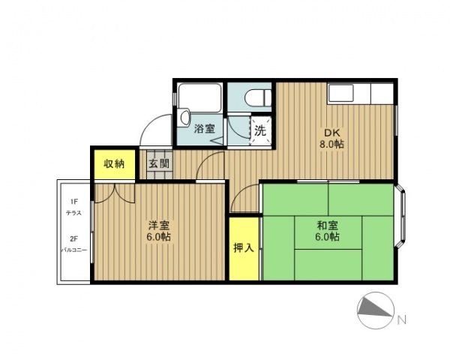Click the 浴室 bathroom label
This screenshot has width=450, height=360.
click(x=204, y=128)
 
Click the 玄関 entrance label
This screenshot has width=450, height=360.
click(x=157, y=163)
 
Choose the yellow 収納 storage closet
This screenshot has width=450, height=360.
click(x=114, y=163)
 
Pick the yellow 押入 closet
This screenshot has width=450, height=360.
click(x=243, y=247)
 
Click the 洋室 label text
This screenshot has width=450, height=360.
click(x=157, y=225)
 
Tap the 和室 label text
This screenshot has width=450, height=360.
click(x=327, y=223)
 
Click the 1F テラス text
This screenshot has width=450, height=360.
click(x=74, y=208)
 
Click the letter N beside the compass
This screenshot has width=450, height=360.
click(x=401, y=319)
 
